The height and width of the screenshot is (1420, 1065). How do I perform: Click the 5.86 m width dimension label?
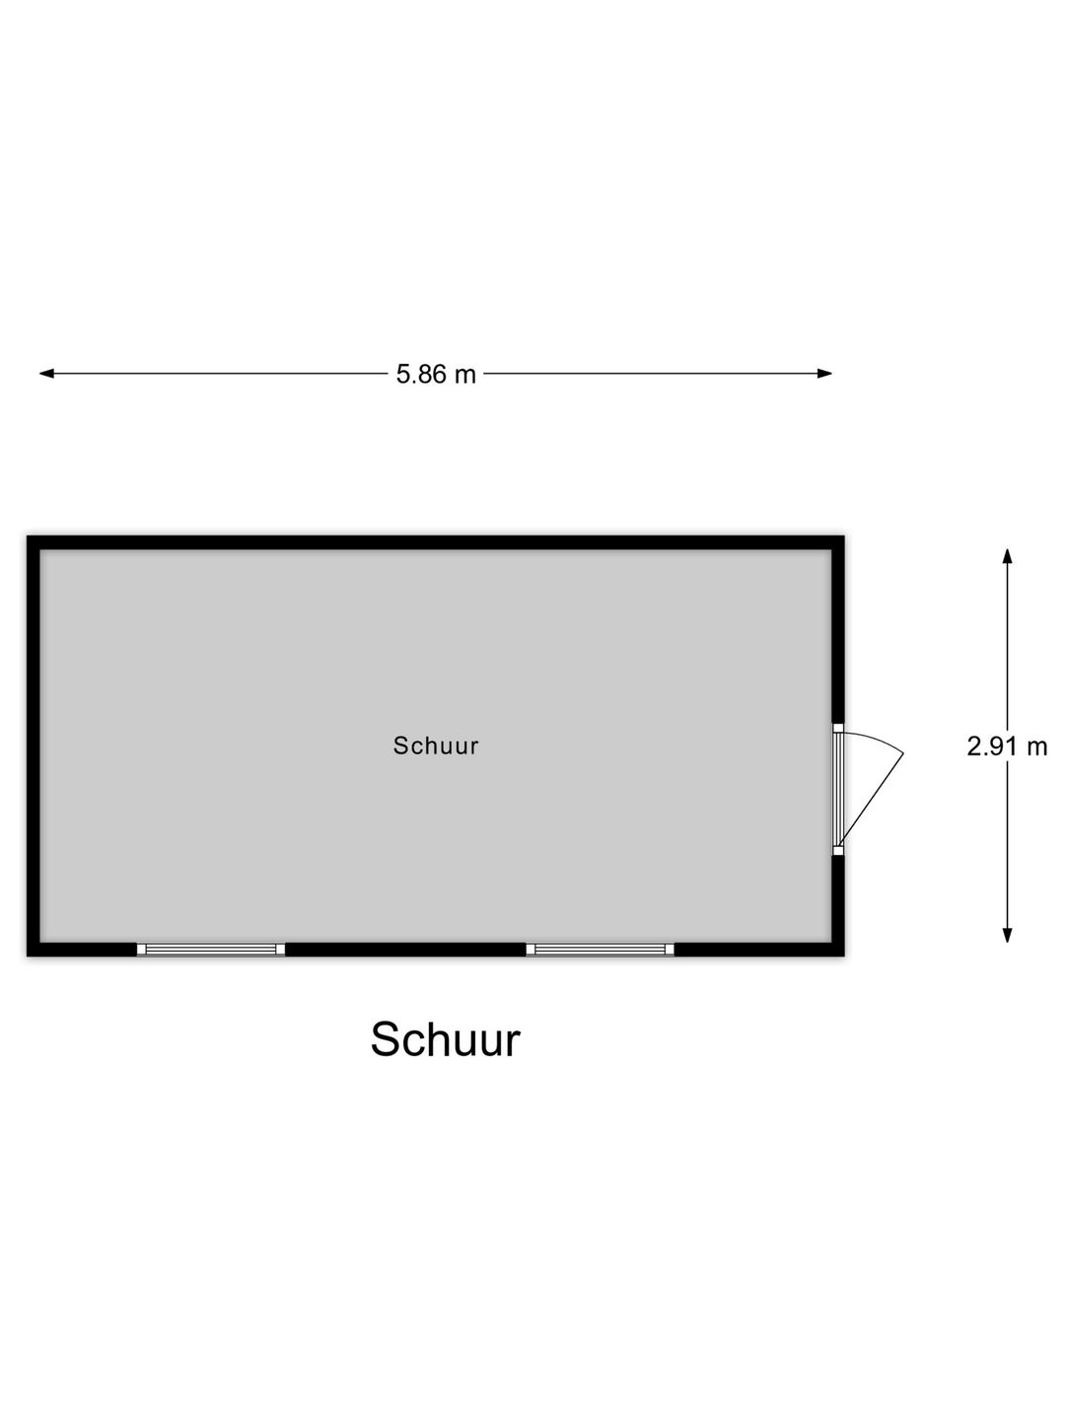pyautogui.click(x=436, y=374)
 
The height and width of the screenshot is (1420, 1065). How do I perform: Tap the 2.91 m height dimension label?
pyautogui.click(x=1006, y=746)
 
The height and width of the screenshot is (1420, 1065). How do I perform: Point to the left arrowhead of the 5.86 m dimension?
pyautogui.click(x=46, y=374)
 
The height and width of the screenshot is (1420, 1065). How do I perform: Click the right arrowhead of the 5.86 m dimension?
pyautogui.click(x=824, y=374)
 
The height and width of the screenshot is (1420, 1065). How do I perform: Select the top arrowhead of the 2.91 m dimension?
pyautogui.click(x=1007, y=556)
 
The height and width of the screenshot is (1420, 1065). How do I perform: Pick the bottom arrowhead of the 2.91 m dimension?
pyautogui.click(x=1007, y=936)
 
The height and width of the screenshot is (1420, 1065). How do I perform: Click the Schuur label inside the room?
pyautogui.click(x=436, y=745)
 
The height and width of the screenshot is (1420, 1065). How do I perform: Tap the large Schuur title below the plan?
pyautogui.click(x=445, y=1039)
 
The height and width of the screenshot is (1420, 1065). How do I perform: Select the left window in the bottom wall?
pyautogui.click(x=211, y=949)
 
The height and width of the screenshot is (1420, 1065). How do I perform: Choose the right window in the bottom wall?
pyautogui.click(x=601, y=949)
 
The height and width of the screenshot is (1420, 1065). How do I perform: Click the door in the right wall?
pyautogui.click(x=838, y=789)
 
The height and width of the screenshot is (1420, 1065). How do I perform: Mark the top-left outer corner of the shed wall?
pyautogui.click(x=27, y=535)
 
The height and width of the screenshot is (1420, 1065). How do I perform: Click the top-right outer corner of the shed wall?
pyautogui.click(x=844, y=535)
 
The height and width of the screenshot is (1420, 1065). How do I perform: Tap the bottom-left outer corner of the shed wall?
pyautogui.click(x=27, y=957)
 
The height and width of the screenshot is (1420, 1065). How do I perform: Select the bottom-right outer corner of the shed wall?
pyautogui.click(x=844, y=957)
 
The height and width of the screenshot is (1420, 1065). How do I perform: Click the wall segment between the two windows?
pyautogui.click(x=405, y=949)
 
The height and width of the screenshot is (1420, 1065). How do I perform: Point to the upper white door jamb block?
pyautogui.click(x=838, y=728)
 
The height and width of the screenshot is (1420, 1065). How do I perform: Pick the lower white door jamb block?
pyautogui.click(x=838, y=851)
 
